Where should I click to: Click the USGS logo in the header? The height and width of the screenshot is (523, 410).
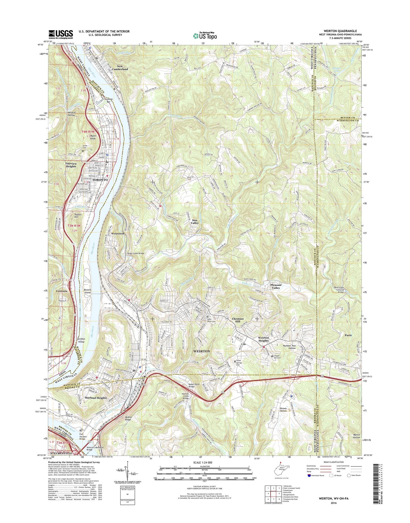coord(61,34)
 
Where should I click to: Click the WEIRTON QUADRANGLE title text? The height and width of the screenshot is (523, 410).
coord(338,31)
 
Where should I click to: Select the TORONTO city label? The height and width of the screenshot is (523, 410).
coord(100,180)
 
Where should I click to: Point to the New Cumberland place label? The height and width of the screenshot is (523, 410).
coord(120,68)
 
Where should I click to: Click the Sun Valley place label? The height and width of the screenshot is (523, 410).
coord(195,221)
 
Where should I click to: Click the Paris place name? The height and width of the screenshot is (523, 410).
coord(348,335)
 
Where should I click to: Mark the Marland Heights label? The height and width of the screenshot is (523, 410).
coord(96,398)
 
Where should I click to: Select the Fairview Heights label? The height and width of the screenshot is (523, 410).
coord(71,165)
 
